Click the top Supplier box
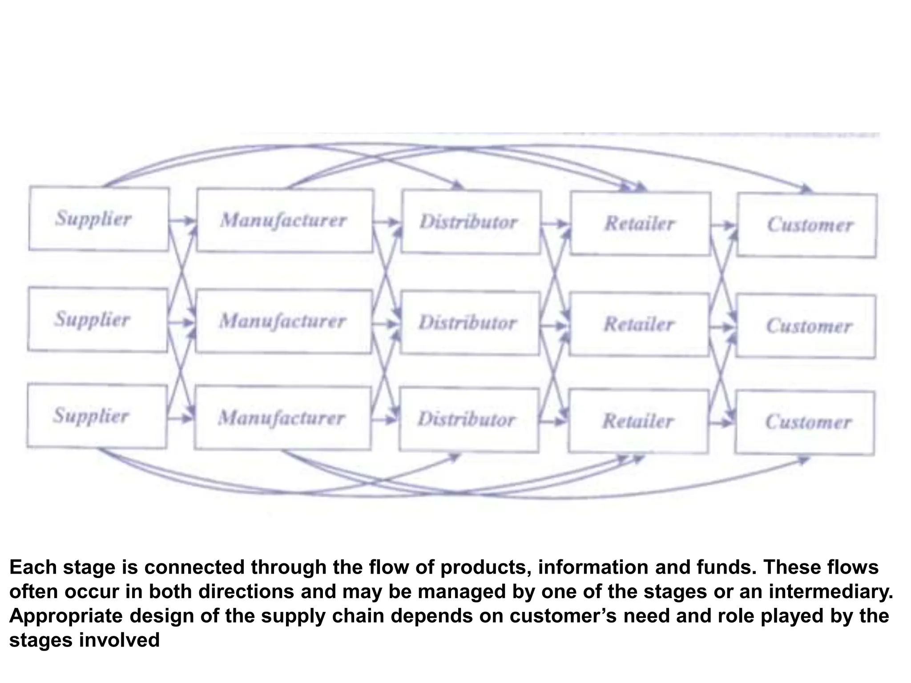[x=99, y=219]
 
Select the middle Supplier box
[x=98, y=319]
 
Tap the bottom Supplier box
[x=97, y=416]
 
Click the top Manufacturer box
[x=285, y=221]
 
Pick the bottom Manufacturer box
[x=282, y=418]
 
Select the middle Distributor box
[x=470, y=323]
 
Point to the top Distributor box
[x=471, y=222]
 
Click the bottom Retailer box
[x=638, y=421]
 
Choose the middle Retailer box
[x=639, y=324]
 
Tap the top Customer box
[x=807, y=225]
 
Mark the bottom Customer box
[x=805, y=422]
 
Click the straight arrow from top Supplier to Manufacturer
[x=182, y=220]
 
